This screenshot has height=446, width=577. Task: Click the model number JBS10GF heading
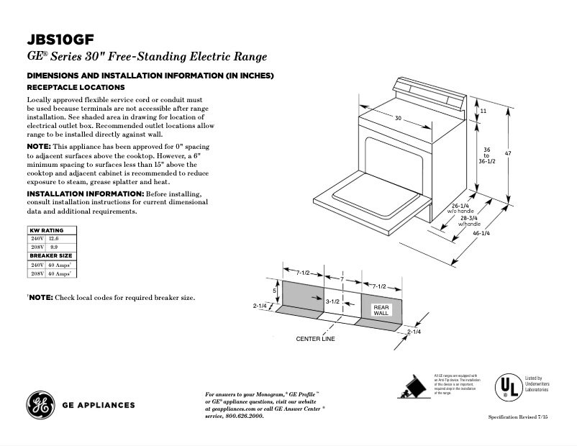click(x=60, y=40)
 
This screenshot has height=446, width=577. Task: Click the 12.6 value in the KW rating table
click(x=53, y=238)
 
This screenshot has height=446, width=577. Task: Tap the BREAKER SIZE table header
click(x=52, y=255)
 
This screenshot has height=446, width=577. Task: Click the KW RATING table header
click(x=47, y=230)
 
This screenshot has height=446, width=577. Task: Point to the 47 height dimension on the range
click(x=508, y=153)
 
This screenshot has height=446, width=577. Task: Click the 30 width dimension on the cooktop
click(x=397, y=118)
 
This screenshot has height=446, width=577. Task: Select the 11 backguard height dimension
click(x=483, y=111)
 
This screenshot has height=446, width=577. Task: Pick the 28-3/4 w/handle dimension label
click(x=470, y=221)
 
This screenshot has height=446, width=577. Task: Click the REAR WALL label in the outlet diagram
click(x=381, y=310)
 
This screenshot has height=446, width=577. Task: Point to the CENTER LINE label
click(x=315, y=338)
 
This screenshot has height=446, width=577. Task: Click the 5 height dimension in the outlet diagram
click(x=274, y=291)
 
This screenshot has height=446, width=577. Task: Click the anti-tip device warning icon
click(x=412, y=387)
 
